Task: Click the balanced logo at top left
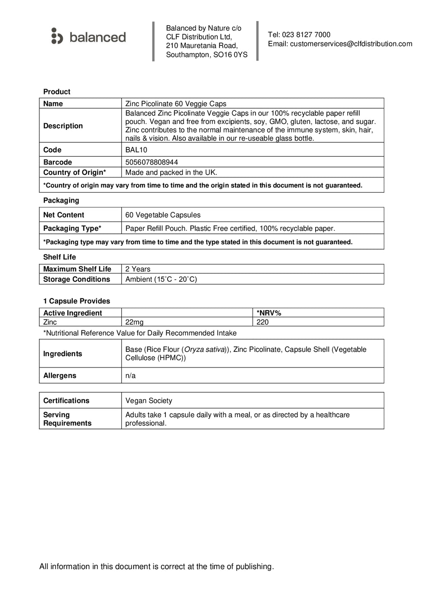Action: point(88,37)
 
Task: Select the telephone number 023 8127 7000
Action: point(306,35)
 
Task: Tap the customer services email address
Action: point(351,44)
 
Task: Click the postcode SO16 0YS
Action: point(230,55)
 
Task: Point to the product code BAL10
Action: point(136,150)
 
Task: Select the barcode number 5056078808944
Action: point(152,162)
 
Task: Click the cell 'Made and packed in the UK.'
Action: point(171,172)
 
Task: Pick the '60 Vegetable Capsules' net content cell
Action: point(163,215)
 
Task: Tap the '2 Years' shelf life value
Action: point(138,269)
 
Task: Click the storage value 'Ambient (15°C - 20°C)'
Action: point(161,279)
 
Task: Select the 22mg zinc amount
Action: point(134,322)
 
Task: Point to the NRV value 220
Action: point(262,322)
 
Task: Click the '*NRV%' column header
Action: point(268,313)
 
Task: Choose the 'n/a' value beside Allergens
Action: point(130,376)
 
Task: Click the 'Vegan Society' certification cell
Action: point(149,401)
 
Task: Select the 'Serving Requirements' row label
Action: point(67,419)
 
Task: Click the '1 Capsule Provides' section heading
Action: point(77,301)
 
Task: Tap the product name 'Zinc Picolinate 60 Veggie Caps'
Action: point(176,103)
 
